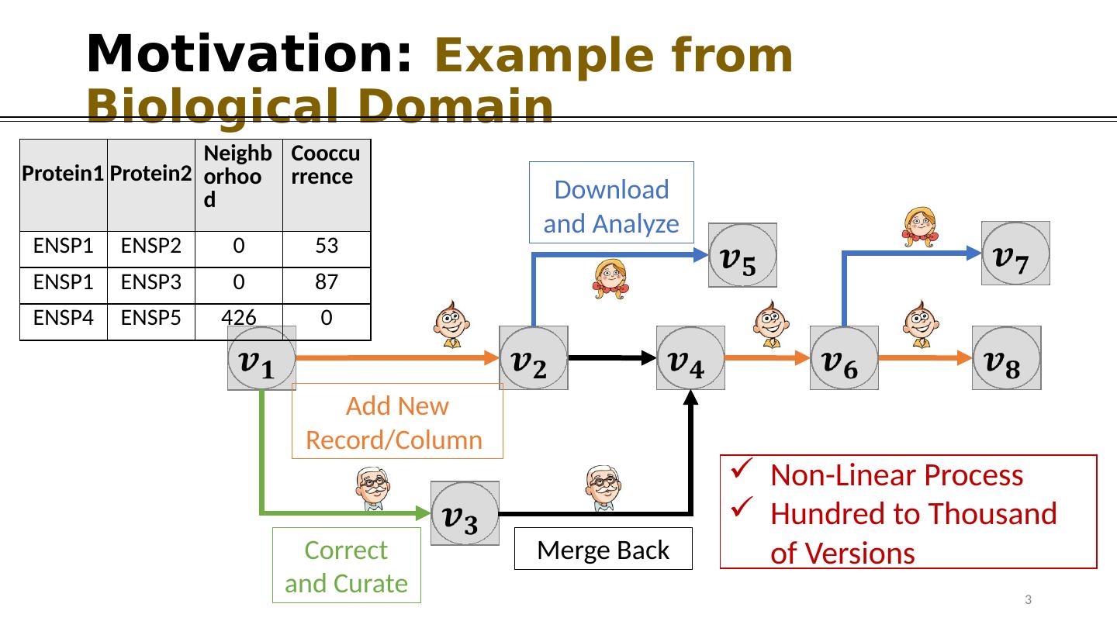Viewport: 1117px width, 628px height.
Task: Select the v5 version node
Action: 742,255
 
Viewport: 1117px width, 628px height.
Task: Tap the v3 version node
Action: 465,512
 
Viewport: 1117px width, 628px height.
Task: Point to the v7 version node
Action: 1015,254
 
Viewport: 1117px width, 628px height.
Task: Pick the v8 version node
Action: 1006,357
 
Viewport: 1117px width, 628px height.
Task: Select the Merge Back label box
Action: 603,549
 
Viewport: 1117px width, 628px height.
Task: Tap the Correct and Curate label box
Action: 346,565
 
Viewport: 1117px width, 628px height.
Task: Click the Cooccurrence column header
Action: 326,185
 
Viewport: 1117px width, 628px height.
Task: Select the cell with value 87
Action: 326,283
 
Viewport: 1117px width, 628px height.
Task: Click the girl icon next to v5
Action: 610,279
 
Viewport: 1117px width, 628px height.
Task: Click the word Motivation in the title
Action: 248,54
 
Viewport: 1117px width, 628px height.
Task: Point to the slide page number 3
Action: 1028,599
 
